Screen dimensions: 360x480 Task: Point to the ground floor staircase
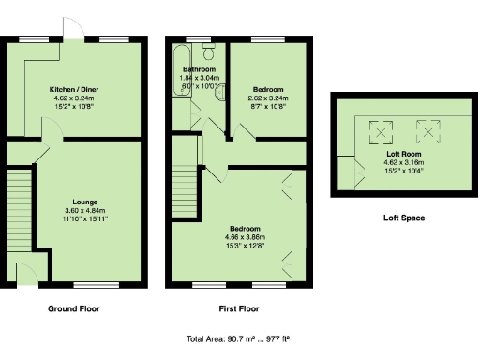tap(20, 202)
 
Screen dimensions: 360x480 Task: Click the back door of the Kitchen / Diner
tap(66, 30)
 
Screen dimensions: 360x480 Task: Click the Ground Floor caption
tap(73, 308)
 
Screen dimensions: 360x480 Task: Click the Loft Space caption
tap(403, 217)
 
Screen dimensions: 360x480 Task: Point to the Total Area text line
tap(240, 339)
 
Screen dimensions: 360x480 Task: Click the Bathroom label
tap(200, 70)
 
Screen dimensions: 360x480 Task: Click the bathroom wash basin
tap(218, 92)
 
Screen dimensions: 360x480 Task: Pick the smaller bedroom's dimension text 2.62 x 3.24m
tap(268, 97)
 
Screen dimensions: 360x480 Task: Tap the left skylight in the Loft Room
tap(382, 130)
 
